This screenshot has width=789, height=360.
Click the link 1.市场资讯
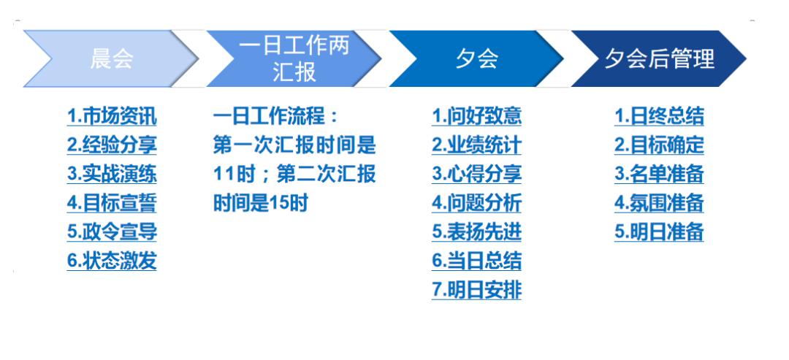click(x=112, y=117)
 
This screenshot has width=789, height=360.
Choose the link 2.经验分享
click(x=112, y=145)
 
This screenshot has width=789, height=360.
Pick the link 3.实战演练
click(x=112, y=175)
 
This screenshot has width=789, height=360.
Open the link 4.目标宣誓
click(x=112, y=203)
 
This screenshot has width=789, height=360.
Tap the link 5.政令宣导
click(x=112, y=232)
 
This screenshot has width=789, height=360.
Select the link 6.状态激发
click(x=112, y=261)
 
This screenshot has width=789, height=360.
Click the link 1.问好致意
click(x=476, y=117)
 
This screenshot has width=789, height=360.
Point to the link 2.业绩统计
click(x=476, y=145)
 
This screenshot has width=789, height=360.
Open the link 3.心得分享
click(x=476, y=175)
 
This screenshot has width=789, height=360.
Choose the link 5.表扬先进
click(x=476, y=232)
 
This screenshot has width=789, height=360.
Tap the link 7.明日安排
click(x=476, y=290)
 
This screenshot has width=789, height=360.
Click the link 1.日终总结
click(x=659, y=117)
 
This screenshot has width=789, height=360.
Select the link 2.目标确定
click(x=659, y=145)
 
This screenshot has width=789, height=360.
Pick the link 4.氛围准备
click(x=659, y=203)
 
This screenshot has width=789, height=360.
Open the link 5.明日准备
click(x=659, y=232)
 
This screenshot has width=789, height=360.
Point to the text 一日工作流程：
click(x=278, y=117)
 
